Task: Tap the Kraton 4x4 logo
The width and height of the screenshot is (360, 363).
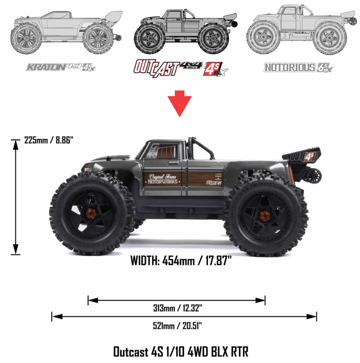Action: point(60,67)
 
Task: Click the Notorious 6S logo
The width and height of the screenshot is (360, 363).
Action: point(298,67)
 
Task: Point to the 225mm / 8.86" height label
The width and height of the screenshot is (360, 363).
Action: point(48,140)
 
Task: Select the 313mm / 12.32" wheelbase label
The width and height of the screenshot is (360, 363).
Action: point(177,308)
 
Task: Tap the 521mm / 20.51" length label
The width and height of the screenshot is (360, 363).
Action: point(177,326)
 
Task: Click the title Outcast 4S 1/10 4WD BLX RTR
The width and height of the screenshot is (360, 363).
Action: point(180,352)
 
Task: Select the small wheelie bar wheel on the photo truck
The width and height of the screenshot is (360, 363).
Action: point(315,176)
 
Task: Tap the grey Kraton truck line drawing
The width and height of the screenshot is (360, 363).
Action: point(66,33)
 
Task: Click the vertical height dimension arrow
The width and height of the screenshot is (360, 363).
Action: point(16,197)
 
